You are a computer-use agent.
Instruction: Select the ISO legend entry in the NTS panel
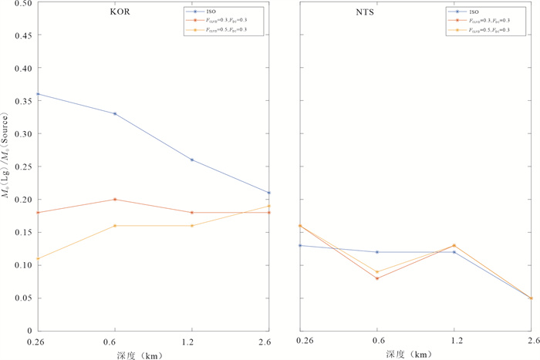pos(470,12)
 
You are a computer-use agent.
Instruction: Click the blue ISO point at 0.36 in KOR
pos(37,94)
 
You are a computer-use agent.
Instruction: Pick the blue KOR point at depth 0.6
pos(115,113)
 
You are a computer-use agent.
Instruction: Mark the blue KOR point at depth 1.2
pos(192,160)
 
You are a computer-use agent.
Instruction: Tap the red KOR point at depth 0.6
pos(115,199)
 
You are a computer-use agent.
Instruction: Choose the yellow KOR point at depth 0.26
pos(37,258)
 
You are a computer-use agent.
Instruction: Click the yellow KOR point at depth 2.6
pos(269,206)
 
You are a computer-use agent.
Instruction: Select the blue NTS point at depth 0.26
pos(299,245)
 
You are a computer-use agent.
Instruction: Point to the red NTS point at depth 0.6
pos(376,278)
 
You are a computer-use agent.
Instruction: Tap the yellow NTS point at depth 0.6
pos(376,271)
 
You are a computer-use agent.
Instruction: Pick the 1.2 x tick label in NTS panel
pos(454,341)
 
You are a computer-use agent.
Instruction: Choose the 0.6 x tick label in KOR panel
pos(115,341)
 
